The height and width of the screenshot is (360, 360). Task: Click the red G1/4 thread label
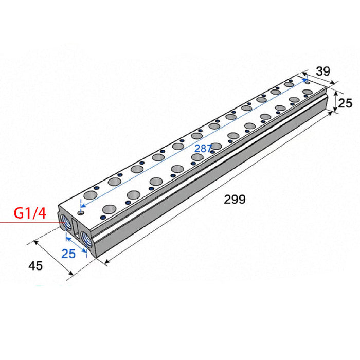30,213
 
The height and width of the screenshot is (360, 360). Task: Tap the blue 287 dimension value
203,149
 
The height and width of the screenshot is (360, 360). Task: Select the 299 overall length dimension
235,199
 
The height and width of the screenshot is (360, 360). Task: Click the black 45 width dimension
35,266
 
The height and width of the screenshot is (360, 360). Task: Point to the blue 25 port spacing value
68,254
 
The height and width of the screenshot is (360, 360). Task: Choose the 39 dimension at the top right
323,71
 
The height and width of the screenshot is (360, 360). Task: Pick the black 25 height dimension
345,103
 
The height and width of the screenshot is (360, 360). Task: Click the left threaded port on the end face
66,222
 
